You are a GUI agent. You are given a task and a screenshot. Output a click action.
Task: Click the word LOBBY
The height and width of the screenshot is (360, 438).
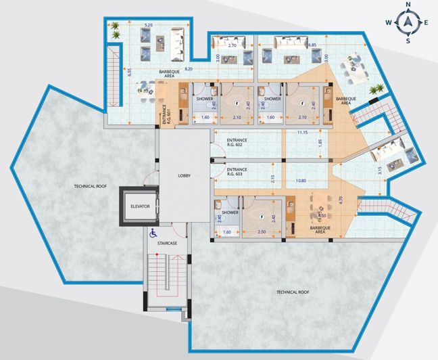coord(184,175)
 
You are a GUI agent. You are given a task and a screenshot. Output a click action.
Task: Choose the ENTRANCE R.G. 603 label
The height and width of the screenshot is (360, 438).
coord(237,171)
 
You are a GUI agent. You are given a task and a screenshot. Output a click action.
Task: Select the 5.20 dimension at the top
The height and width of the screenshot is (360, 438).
coord(147,25)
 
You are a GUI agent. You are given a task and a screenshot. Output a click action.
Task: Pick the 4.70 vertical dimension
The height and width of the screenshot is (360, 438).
coord(341,200)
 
